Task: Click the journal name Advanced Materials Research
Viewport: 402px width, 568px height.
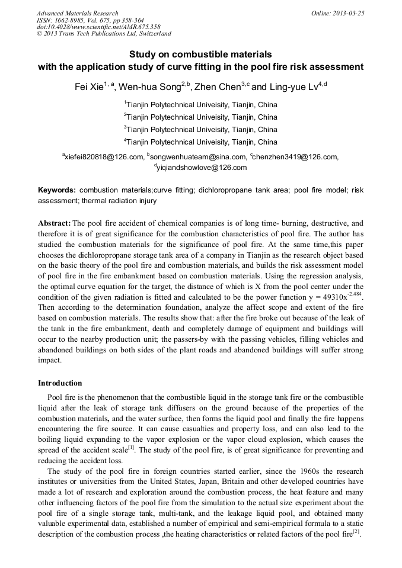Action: [x=77, y=13]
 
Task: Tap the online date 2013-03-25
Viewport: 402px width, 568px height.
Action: [x=347, y=13]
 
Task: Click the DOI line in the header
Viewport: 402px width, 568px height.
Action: [x=98, y=27]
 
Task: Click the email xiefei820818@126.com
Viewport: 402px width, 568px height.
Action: [x=104, y=157]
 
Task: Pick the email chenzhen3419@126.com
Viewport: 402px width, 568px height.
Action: [x=295, y=157]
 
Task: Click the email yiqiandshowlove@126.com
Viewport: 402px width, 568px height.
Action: [x=202, y=168]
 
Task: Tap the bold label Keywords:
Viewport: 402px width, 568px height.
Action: [x=57, y=191]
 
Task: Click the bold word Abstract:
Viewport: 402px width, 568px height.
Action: [x=54, y=223]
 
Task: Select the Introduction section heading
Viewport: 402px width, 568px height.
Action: [x=60, y=383]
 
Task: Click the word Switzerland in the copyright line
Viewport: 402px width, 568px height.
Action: [x=153, y=34]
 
